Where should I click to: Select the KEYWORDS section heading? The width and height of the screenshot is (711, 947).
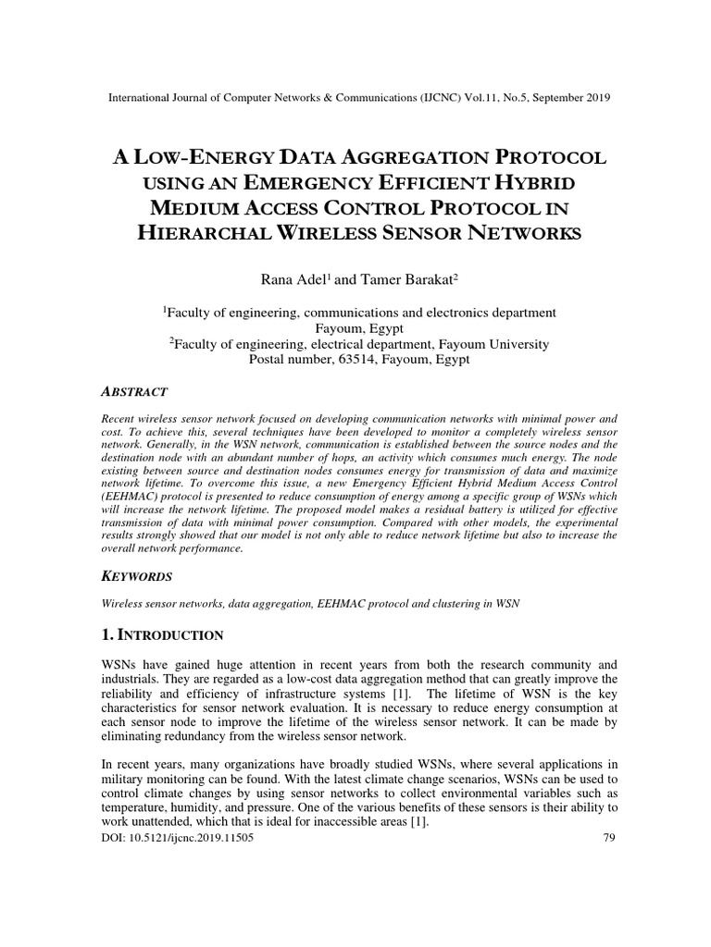(x=136, y=575)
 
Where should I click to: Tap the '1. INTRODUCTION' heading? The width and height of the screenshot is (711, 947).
(x=162, y=635)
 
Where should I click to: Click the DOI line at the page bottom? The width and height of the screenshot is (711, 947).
(x=176, y=839)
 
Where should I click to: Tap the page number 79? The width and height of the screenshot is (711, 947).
(x=607, y=839)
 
